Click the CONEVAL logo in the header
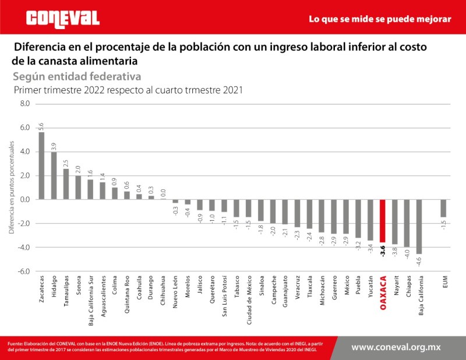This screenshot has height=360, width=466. pyautogui.click(x=63, y=19)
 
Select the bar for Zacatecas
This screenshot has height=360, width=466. pyautogui.click(x=41, y=165)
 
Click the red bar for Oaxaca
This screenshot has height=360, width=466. pyautogui.click(x=383, y=221)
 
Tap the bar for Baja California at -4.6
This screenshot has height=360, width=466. pyautogui.click(x=419, y=227)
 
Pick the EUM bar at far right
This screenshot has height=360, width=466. pyautogui.click(x=443, y=209)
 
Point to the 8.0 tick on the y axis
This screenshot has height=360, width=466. pyautogui.click(x=24, y=104)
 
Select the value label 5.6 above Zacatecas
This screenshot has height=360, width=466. pyautogui.click(x=41, y=126)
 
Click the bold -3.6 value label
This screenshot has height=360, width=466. pyautogui.click(x=383, y=250)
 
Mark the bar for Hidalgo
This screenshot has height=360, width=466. pyautogui.click(x=54, y=175)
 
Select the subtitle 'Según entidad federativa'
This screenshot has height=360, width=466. pyautogui.click(x=76, y=76)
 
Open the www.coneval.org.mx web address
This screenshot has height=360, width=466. pyautogui.click(x=396, y=347)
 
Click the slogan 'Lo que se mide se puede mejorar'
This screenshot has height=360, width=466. pyautogui.click(x=380, y=19)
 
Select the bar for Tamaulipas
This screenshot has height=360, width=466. pyautogui.click(x=66, y=184)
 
